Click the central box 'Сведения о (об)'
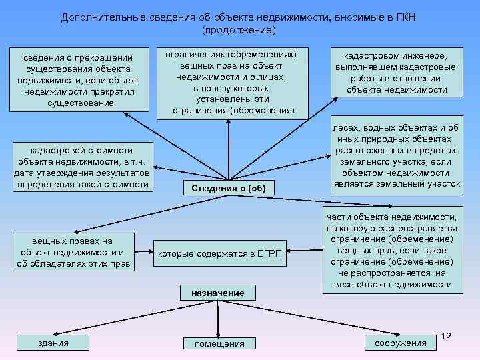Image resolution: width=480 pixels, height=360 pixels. tap(229, 188)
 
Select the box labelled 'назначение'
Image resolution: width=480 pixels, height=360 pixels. tap(217, 293)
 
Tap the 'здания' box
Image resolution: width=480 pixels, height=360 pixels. tap(54, 343)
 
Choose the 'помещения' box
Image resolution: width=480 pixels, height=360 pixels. tap(219, 343)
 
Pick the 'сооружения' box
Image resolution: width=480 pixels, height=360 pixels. tap(400, 343)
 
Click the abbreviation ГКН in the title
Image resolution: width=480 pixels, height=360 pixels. tap(405, 17)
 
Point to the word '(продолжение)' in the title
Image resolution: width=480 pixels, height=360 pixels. tap(238, 31)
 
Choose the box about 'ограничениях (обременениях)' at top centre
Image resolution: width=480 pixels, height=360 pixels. tap(229, 81)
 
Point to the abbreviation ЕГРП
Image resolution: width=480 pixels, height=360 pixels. tap(272, 254)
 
